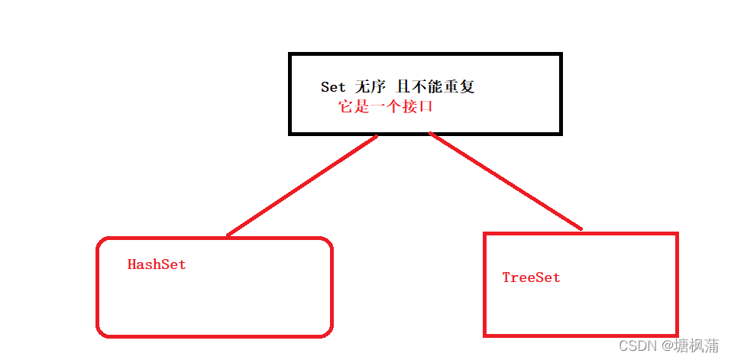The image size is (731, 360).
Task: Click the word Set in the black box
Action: coord(333,87)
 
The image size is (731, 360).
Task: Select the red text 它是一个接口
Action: coord(386,107)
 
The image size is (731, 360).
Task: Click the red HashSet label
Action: coord(157,264)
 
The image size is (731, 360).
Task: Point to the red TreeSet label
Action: coord(531,277)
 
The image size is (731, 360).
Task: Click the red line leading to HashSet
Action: coord(302,186)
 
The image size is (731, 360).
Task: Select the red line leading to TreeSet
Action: coord(506,181)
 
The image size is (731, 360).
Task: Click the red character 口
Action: coord(425,107)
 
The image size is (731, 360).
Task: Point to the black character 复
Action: coord(467,87)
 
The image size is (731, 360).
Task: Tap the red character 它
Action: coord(346,107)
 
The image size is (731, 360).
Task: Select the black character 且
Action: coord(404,87)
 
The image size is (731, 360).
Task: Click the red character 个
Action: coord(393,107)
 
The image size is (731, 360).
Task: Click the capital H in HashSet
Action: coord(131,264)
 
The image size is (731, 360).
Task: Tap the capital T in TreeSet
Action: coord(506,277)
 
